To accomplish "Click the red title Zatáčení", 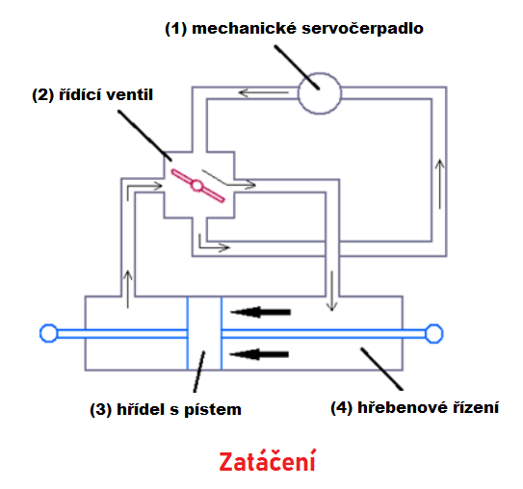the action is click(267, 461).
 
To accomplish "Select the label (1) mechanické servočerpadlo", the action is click(294, 28).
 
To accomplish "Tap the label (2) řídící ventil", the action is click(92, 94).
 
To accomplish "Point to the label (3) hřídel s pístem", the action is click(166, 409).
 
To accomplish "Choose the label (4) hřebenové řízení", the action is click(414, 407).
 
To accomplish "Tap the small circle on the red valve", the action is click(197, 186).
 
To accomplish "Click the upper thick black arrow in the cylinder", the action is click(260, 312).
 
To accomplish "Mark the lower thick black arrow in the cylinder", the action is click(259, 354).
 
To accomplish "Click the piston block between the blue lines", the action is click(204, 333).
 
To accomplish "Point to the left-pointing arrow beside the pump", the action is click(264, 92).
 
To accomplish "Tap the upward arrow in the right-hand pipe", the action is click(440, 184).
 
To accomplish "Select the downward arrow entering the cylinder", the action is click(332, 291).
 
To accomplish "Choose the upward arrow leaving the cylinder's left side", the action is click(128, 289).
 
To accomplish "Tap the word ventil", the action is click(129, 94).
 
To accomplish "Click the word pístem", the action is click(213, 410).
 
